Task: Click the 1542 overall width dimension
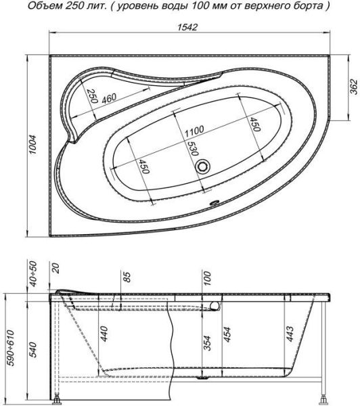tap(187, 27)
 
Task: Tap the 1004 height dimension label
tap(33, 145)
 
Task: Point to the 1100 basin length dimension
tap(194, 131)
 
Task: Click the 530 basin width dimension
tap(192, 149)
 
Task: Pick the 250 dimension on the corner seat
tap(92, 96)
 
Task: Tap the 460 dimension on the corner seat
tap(109, 98)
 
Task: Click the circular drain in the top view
tap(202, 166)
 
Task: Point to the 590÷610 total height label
tap(11, 348)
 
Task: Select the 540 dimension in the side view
tap(33, 350)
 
